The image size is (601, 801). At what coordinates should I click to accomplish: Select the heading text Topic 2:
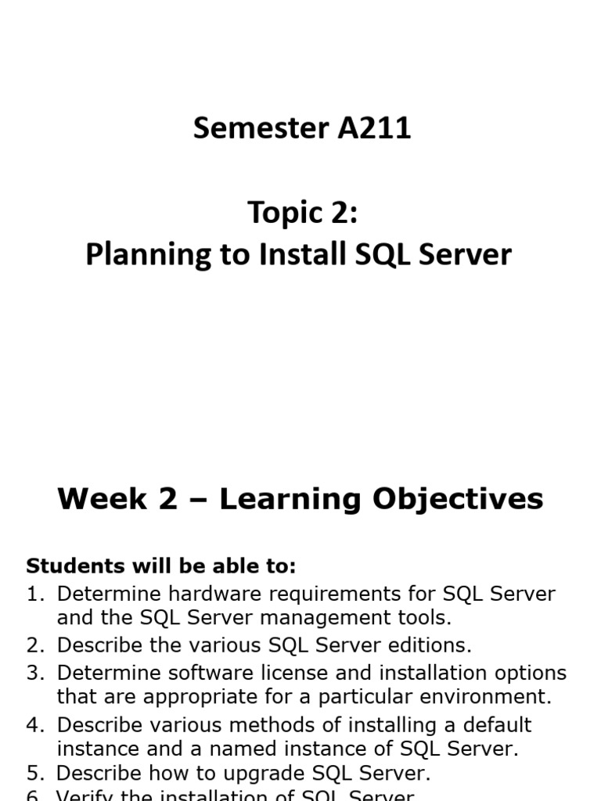(x=302, y=212)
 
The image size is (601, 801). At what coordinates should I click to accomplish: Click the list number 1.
(x=35, y=594)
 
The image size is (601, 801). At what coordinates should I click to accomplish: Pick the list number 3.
(x=35, y=673)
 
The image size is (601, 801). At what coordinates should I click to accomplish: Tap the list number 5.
(x=35, y=774)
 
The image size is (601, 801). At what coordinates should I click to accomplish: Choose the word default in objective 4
(x=494, y=724)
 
